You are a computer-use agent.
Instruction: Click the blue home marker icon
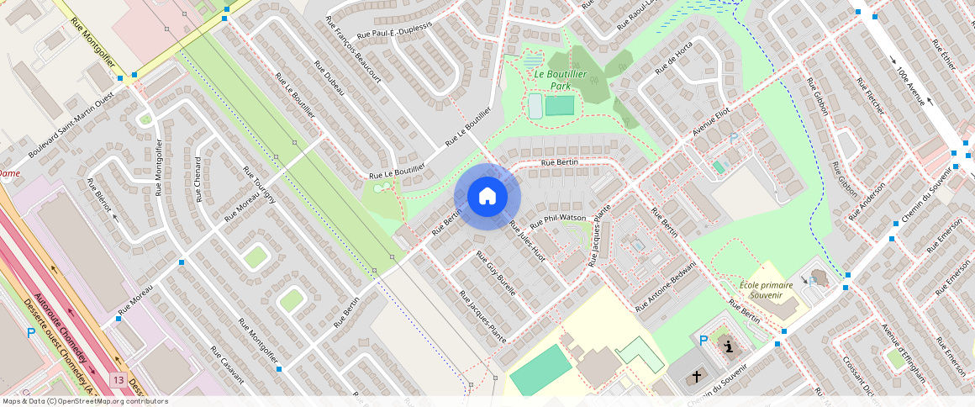coord(487,197)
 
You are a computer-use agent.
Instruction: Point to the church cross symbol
coord(697,378)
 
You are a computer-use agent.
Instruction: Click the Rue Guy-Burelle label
coord(496,272)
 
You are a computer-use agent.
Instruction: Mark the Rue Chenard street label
coord(199,179)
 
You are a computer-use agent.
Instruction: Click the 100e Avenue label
coord(912,86)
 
